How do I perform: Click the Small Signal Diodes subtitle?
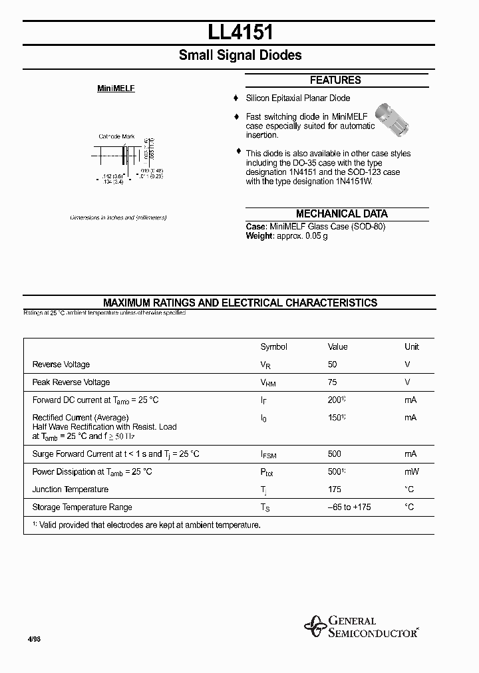pyautogui.click(x=240, y=55)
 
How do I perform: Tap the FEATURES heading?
pyautogui.click(x=335, y=80)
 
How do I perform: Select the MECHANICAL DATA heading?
pyautogui.click(x=341, y=213)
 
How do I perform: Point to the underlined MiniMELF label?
pyautogui.click(x=116, y=88)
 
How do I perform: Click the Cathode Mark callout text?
pyautogui.click(x=116, y=136)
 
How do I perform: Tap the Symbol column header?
pyautogui.click(x=273, y=346)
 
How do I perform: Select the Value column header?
pyautogui.click(x=338, y=346)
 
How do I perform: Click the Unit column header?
pyautogui.click(x=412, y=346)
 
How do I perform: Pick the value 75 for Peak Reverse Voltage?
pyautogui.click(x=333, y=382)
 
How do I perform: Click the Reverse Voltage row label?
pyautogui.click(x=61, y=364)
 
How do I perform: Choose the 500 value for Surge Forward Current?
pyautogui.click(x=335, y=454)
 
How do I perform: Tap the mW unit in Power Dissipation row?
pyautogui.click(x=411, y=471)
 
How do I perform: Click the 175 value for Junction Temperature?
pyautogui.click(x=335, y=489)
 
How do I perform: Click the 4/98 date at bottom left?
pyautogui.click(x=34, y=639)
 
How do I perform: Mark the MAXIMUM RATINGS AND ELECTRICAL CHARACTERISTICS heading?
pyautogui.click(x=240, y=303)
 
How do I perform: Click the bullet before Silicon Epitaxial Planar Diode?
pyautogui.click(x=236, y=98)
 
